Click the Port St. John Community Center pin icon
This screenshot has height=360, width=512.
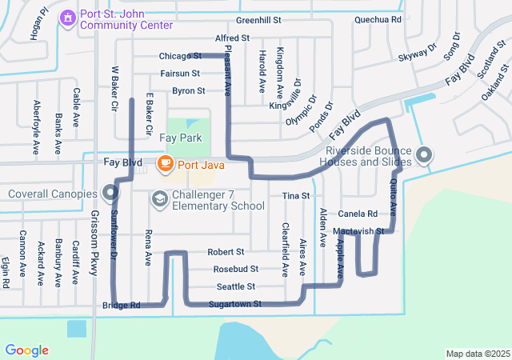click(x=68, y=17)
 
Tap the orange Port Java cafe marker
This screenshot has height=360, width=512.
click(x=166, y=165)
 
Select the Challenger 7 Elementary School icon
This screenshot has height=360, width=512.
click(x=159, y=198)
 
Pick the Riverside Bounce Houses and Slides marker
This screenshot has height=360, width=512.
click(x=424, y=154)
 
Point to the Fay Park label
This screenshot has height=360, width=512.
click(x=179, y=138)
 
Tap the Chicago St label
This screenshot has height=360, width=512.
click(x=179, y=56)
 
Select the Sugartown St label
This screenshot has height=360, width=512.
click(x=235, y=304)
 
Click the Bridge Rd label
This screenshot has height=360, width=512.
click(x=122, y=305)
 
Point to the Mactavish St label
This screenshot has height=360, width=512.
click(x=359, y=231)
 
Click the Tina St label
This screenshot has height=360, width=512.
click(x=295, y=196)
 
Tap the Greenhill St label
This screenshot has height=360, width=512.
click(x=259, y=19)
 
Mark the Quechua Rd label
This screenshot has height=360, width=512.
click(x=378, y=18)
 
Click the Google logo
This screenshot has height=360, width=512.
click(x=26, y=350)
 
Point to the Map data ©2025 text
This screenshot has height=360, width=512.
click(x=477, y=354)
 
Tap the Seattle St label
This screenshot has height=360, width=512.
click(x=235, y=286)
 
